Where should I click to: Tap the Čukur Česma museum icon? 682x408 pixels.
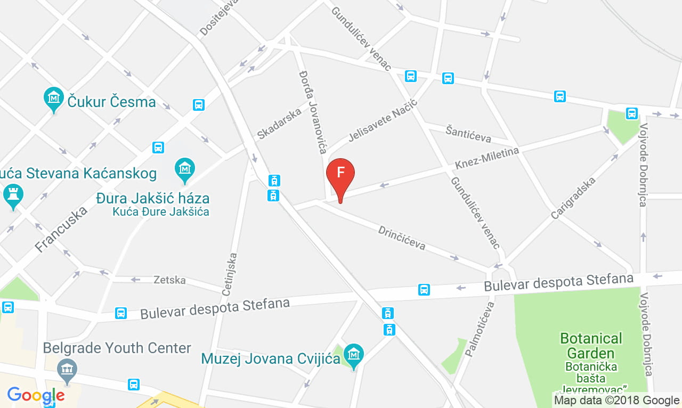click(x=53, y=99)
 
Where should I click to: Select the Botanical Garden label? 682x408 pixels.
click(x=591, y=346)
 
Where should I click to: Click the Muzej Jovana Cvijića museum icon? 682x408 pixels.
click(x=353, y=354)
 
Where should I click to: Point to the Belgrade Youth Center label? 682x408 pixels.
click(x=117, y=348)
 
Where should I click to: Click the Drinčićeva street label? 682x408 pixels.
click(x=402, y=238)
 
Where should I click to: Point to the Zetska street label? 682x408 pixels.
click(x=169, y=280)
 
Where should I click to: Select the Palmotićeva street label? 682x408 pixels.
click(x=480, y=329)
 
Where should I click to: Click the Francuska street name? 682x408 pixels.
click(x=61, y=230)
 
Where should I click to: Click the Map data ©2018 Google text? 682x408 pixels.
click(x=616, y=400)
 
